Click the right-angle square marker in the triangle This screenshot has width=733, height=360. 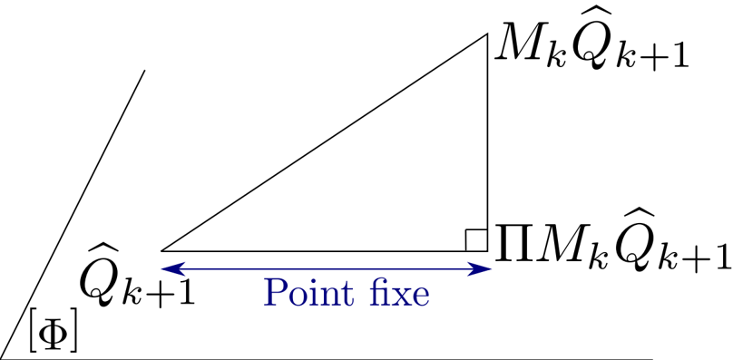point(476,239)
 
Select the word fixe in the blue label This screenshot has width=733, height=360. point(402,294)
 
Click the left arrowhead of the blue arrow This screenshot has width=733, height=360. point(171,268)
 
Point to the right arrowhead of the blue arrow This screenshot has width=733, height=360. point(481,268)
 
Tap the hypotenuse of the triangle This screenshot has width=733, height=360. point(325,142)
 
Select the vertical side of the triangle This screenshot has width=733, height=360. point(487,142)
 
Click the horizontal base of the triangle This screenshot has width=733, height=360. point(325,251)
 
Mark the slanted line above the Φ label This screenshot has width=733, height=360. point(73,215)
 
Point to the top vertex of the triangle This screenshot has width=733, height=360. point(487,34)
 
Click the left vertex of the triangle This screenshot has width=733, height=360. point(161,251)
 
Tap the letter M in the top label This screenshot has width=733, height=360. point(520,48)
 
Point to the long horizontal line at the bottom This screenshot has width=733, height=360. point(327,359)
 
